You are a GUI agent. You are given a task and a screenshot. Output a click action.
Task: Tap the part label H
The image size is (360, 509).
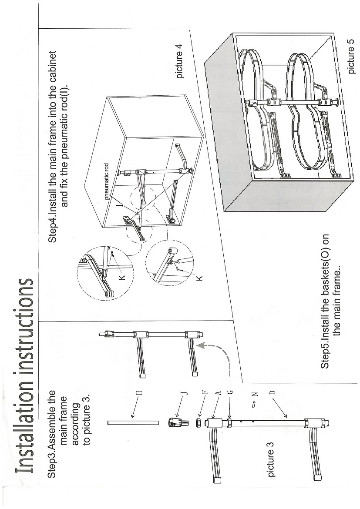tap(140, 393)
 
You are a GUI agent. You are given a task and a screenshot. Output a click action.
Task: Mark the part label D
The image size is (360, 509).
tap(273, 393)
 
